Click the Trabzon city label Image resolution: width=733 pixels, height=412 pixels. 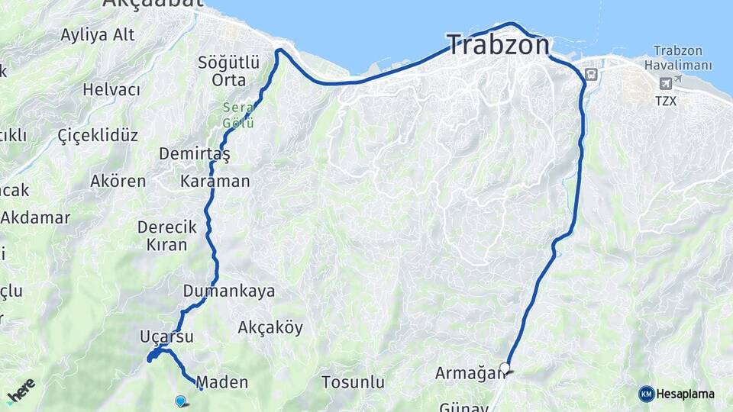point(498,45)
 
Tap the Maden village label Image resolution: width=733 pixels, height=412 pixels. point(222,382)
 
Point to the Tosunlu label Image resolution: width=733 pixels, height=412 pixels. point(353,381)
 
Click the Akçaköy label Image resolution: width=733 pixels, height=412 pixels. point(270,328)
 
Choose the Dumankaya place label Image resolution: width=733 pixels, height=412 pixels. point(229,291)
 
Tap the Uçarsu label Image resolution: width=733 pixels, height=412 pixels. point(166,336)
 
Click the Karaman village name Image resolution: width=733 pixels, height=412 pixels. point(215,182)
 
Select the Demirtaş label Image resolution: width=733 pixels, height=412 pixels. point(194,154)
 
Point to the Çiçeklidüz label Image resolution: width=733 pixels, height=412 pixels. point(98,136)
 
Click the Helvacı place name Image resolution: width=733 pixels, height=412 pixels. point(111,90)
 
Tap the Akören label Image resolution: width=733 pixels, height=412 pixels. point(118,182)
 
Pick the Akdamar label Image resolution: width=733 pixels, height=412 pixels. point(35,217)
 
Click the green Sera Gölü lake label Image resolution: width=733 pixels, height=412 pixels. point(238,115)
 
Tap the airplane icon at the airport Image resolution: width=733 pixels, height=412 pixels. point(666,82)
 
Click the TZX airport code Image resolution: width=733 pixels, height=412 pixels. point(666,100)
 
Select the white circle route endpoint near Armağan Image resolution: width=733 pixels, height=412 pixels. point(505,368)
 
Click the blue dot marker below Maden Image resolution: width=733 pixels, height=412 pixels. point(180,400)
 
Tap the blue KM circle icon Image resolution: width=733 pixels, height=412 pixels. point(646,394)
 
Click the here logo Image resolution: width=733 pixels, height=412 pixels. point(21,390)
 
